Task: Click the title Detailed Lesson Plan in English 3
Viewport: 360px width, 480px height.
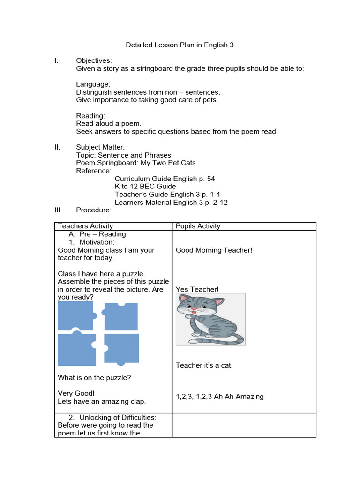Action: (x=180, y=45)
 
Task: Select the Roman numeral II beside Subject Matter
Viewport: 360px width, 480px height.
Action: (x=57, y=147)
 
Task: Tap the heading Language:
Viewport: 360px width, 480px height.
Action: (x=93, y=84)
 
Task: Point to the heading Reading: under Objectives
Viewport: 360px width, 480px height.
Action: (x=90, y=116)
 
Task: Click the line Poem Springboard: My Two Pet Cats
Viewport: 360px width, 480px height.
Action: (x=136, y=163)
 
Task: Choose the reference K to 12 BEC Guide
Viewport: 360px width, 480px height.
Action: (x=145, y=187)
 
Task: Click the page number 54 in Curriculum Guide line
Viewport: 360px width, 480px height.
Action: (x=210, y=179)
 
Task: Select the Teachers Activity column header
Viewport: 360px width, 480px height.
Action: (x=85, y=226)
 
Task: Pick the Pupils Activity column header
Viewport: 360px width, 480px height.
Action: (x=198, y=226)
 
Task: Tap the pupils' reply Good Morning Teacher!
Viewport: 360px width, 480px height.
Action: (x=214, y=250)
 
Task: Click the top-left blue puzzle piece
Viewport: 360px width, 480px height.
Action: (x=76, y=316)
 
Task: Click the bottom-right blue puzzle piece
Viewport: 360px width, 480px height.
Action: (x=121, y=348)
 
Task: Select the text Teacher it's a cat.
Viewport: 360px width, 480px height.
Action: (x=204, y=365)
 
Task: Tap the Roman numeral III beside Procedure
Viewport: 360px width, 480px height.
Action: (x=58, y=210)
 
